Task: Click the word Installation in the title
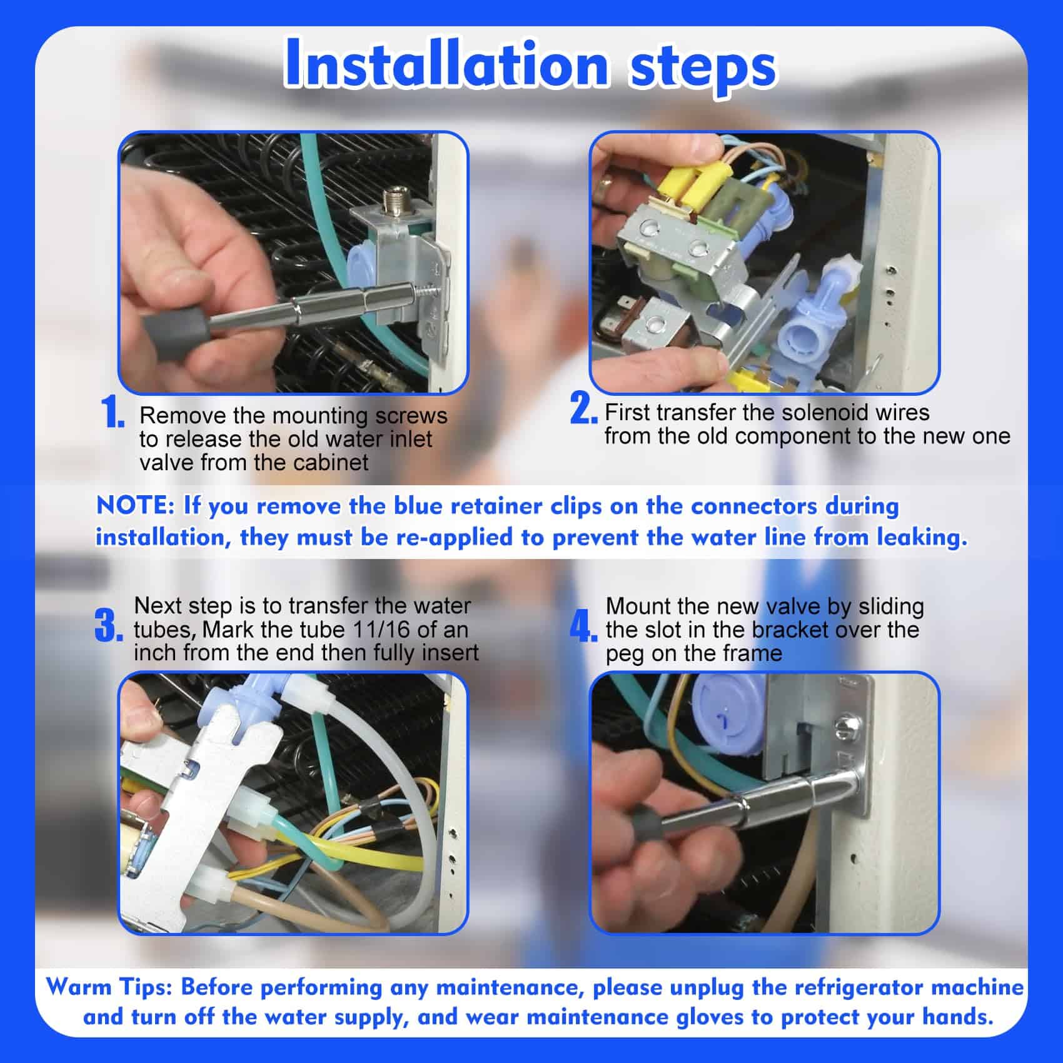coord(446,65)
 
